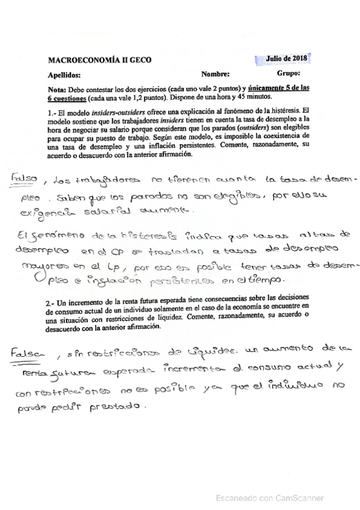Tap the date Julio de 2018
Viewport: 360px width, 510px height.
click(286, 58)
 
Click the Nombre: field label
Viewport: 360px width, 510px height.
click(216, 74)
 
